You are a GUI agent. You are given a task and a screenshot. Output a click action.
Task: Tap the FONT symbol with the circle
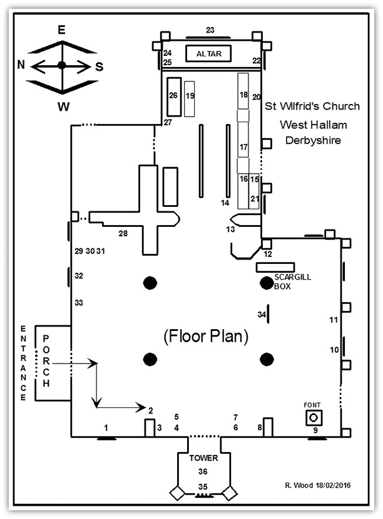tap(314, 417)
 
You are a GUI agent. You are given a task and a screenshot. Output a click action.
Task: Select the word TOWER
tap(203, 458)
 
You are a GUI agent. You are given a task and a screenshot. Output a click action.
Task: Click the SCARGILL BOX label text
tap(292, 281)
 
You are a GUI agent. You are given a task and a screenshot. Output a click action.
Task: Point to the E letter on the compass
tap(61, 29)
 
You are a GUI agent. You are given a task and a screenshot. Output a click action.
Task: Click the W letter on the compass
tap(63, 107)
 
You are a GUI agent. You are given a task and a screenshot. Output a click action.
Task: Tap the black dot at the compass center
tap(61, 65)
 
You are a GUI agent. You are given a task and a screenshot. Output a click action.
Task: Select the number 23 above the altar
tap(210, 30)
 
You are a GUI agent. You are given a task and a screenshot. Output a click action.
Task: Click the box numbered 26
tap(173, 96)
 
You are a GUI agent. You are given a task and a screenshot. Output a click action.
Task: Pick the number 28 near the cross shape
tap(123, 234)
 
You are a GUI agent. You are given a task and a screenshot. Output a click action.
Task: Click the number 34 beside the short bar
tap(262, 314)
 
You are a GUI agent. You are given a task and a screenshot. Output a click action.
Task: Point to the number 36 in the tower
tap(203, 471)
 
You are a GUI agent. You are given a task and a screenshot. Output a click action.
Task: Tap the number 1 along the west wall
tap(106, 427)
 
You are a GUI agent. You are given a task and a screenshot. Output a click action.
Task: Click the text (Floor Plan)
tap(206, 337)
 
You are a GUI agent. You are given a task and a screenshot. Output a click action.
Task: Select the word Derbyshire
tap(313, 140)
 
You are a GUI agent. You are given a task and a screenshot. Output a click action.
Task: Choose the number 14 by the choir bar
tap(225, 202)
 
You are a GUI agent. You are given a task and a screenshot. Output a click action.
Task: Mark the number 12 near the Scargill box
tap(268, 254)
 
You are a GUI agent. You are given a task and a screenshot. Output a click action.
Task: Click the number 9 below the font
tap(315, 430)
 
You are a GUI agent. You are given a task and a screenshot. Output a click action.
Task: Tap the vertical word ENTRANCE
tap(23, 363)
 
